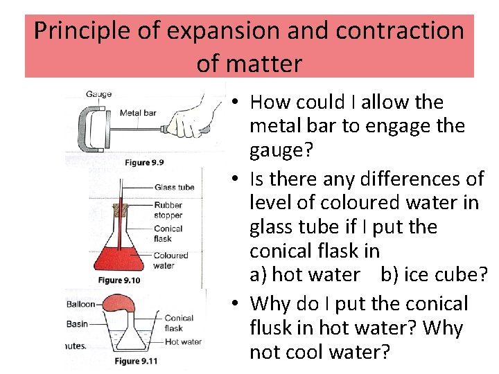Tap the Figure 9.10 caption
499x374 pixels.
(x=119, y=280)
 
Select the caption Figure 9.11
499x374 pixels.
(x=136, y=361)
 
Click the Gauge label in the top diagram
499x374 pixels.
(x=99, y=94)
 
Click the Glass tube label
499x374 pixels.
(x=174, y=187)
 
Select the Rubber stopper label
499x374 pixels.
(x=168, y=210)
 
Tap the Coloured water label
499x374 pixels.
(x=170, y=260)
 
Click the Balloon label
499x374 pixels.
(x=81, y=304)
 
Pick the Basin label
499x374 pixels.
(x=77, y=323)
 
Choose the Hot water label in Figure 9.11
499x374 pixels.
(x=183, y=341)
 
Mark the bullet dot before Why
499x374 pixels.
(x=236, y=304)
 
